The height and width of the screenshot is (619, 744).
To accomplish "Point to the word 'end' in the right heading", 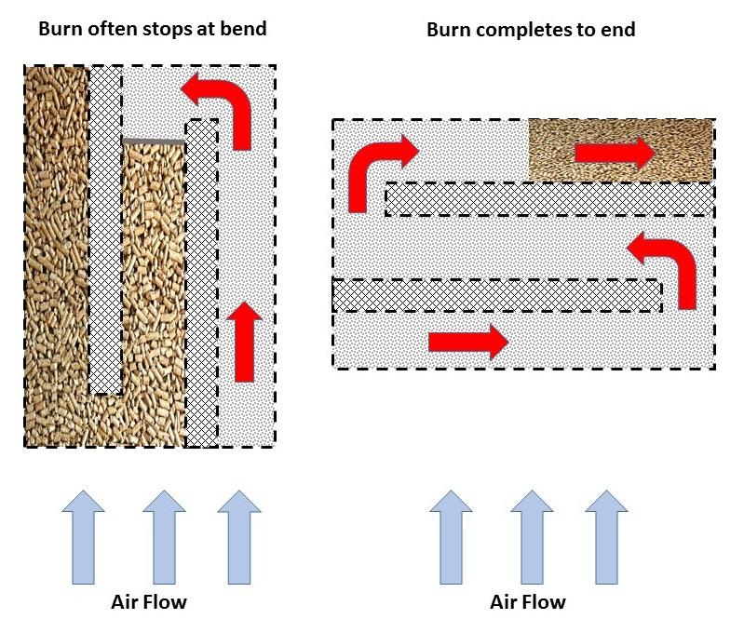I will [x=617, y=30].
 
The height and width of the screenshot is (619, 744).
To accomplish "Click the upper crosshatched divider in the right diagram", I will [x=549, y=199].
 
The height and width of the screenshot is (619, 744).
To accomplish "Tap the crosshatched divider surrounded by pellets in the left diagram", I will [x=104, y=228].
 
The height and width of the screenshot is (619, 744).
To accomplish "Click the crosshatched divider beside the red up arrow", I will [x=200, y=279].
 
